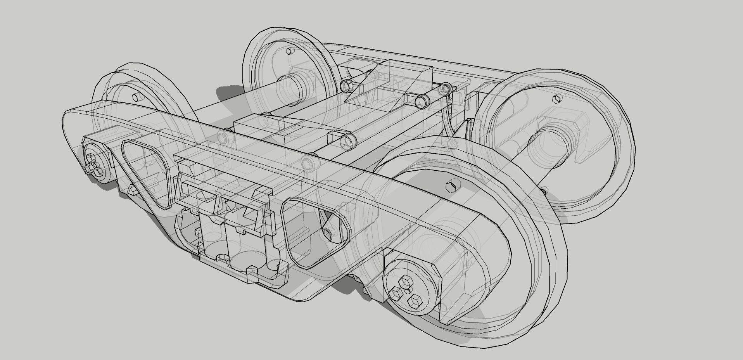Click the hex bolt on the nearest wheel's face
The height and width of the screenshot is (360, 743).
pos(451,187)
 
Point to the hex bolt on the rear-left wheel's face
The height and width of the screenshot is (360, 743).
pos(287,51)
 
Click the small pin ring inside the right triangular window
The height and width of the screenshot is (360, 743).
pos(328,234)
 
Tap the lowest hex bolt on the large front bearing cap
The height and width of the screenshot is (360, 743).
pos(416,301)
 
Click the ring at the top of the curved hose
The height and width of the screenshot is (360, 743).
pos(444,89)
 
